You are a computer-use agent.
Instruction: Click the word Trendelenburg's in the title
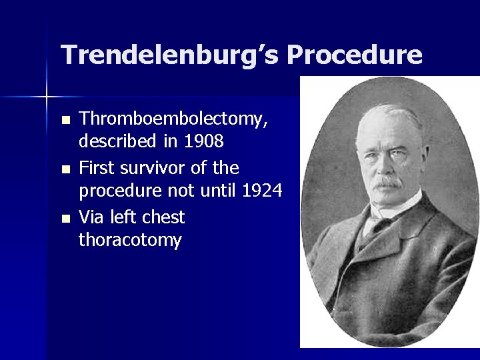click(169, 55)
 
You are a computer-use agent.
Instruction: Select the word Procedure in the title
click(355, 55)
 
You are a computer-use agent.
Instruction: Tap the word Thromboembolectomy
click(174, 120)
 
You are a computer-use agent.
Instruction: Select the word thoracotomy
click(130, 240)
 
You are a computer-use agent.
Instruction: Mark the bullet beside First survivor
click(64, 169)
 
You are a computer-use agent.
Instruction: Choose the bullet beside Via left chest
click(64, 218)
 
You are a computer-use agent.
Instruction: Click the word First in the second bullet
click(97, 167)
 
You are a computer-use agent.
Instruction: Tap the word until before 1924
click(221, 191)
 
